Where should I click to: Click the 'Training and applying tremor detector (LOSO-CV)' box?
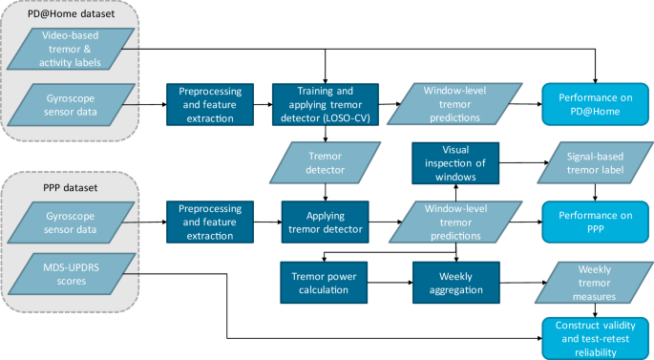[x=326, y=103]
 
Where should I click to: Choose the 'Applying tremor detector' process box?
[x=326, y=222]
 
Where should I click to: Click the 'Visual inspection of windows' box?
[x=455, y=162]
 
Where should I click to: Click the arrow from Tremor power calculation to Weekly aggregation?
[x=391, y=282]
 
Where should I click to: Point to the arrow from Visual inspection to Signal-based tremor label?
[x=520, y=162]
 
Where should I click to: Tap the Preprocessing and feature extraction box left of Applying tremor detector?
[x=208, y=222]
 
